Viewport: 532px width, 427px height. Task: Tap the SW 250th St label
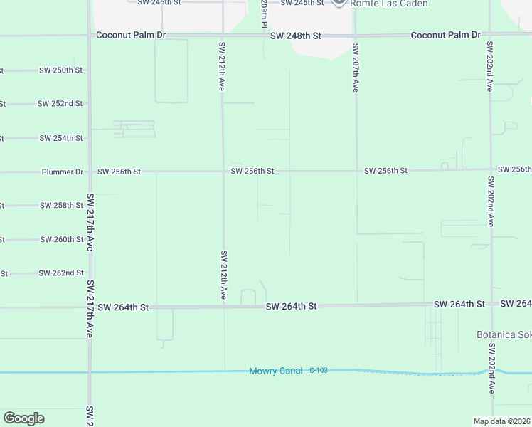click(x=62, y=70)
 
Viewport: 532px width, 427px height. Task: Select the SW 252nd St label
click(x=60, y=104)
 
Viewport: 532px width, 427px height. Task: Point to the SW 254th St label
click(x=61, y=138)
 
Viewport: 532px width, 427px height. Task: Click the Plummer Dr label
click(x=63, y=172)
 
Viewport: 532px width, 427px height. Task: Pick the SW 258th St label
click(x=61, y=206)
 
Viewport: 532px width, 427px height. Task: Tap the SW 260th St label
click(x=62, y=240)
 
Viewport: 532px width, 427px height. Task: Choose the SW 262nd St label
click(x=62, y=273)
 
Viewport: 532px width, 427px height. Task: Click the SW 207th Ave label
click(x=355, y=68)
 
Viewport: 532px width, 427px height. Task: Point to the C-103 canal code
click(x=319, y=371)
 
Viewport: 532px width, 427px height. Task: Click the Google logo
click(x=23, y=418)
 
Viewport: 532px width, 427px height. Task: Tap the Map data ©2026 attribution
click(x=501, y=421)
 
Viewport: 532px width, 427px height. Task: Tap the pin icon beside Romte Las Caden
click(x=339, y=2)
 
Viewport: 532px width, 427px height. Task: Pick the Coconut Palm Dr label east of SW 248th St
click(x=446, y=35)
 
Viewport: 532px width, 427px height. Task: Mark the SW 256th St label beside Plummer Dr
click(x=119, y=172)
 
